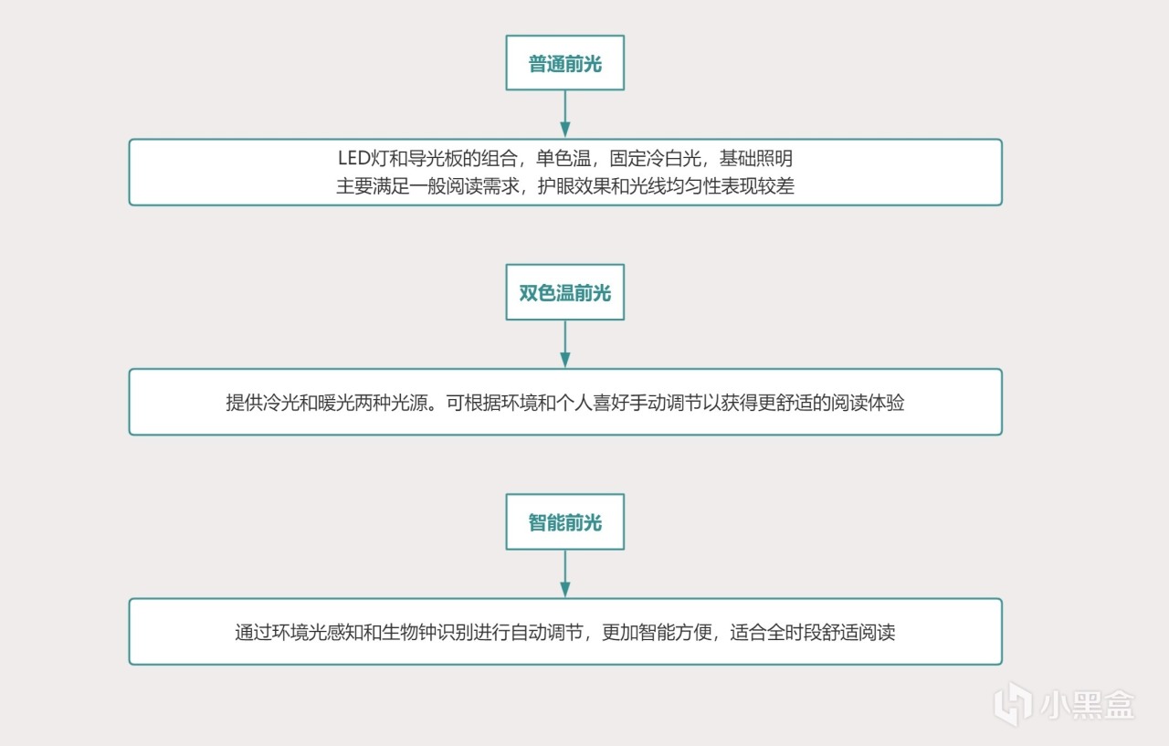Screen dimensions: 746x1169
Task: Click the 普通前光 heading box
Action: click(x=564, y=63)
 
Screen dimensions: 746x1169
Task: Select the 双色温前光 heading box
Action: click(x=564, y=293)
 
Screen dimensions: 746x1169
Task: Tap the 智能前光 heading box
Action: click(x=564, y=522)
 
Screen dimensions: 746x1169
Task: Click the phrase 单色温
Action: click(x=574, y=158)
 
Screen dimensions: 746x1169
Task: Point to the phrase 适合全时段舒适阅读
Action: click(x=813, y=632)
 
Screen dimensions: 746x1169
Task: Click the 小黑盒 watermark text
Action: click(x=1087, y=704)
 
